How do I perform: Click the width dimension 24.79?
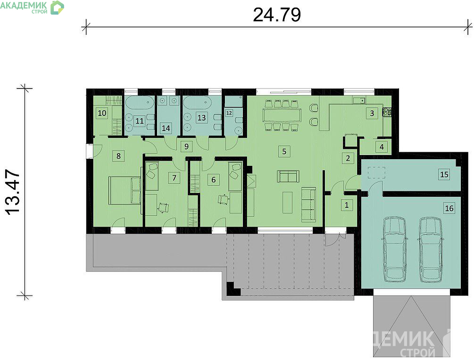(276, 15)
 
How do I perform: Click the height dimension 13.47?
(13, 192)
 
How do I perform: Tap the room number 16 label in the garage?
(449, 208)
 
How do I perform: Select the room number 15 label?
(444, 174)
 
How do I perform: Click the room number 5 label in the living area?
(284, 151)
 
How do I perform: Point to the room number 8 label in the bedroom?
(118, 156)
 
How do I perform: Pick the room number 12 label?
(229, 113)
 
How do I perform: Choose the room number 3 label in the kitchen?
(372, 113)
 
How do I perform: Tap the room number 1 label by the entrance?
(347, 205)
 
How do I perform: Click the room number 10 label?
(102, 113)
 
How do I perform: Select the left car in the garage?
(394, 249)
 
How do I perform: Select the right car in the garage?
(431, 249)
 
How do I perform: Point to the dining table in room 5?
(282, 115)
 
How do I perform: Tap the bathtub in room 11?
(139, 103)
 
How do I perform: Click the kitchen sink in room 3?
(359, 100)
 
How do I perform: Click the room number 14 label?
(166, 128)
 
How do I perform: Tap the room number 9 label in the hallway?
(186, 147)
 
